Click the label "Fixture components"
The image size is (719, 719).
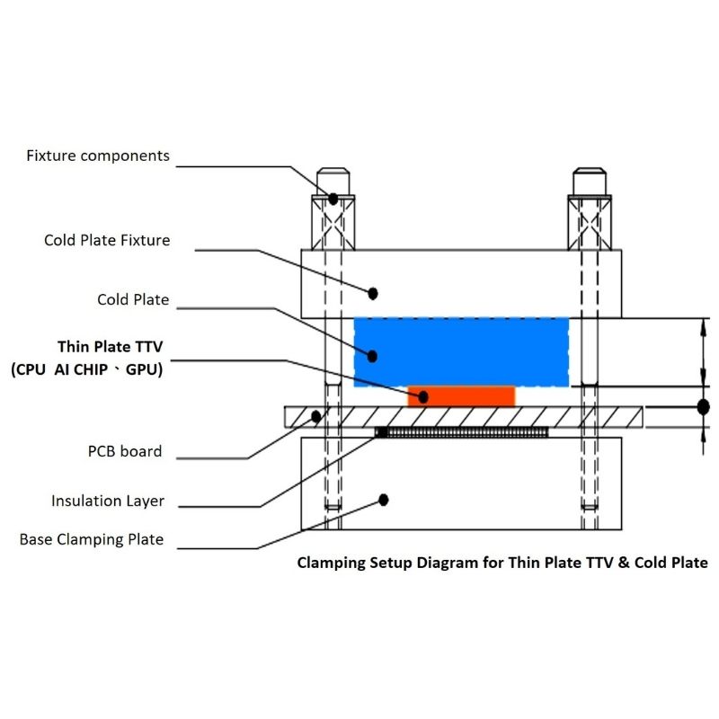pyautogui.click(x=98, y=156)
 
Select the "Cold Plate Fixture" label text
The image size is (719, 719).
pyautogui.click(x=107, y=240)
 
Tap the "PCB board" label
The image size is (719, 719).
pyautogui.click(x=125, y=451)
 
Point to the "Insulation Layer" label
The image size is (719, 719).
pyautogui.click(x=108, y=502)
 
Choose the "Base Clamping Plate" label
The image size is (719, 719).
pyautogui.click(x=92, y=540)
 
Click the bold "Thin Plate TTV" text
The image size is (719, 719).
pyautogui.click(x=110, y=347)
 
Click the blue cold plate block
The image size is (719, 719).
pyautogui.click(x=461, y=352)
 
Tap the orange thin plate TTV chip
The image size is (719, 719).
pyautogui.click(x=461, y=396)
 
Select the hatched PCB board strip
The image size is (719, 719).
pyautogui.click(x=463, y=417)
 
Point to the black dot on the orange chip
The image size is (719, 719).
pyautogui.click(x=423, y=397)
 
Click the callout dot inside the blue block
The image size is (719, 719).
pyautogui.click(x=372, y=356)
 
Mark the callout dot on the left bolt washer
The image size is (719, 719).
pyautogui.click(x=333, y=199)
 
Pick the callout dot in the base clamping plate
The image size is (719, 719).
pyautogui.click(x=384, y=500)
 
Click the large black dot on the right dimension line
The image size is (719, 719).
pyautogui.click(x=704, y=407)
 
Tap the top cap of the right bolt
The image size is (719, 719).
pyautogui.click(x=590, y=182)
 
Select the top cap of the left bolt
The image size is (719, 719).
pyautogui.click(x=333, y=182)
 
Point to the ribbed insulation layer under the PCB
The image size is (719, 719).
pyautogui.click(x=462, y=432)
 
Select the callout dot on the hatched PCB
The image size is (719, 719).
pyautogui.click(x=316, y=417)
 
